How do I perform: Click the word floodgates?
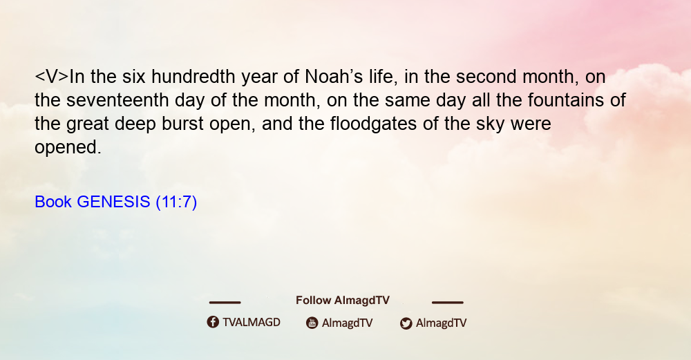(373, 124)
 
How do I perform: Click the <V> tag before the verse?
(52, 77)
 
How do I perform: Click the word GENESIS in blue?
(114, 202)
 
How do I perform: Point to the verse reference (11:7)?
(176, 202)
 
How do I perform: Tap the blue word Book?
(53, 202)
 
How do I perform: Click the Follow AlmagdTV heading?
(343, 300)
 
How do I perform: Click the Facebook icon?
(213, 322)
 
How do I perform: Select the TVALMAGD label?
(252, 322)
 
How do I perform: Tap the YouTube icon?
(312, 323)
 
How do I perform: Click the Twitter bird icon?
(406, 323)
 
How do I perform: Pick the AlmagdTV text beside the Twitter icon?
(441, 323)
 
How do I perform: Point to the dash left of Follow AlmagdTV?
(225, 302)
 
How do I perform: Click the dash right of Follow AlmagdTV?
(447, 302)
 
